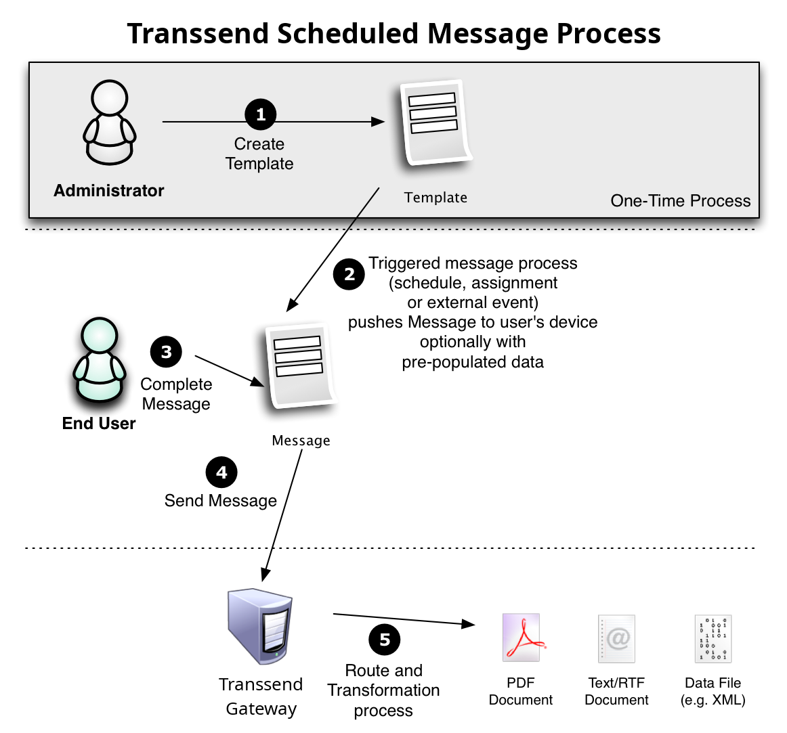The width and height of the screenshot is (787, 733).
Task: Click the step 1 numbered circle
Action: point(261,114)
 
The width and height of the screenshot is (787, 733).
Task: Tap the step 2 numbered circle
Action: point(349,274)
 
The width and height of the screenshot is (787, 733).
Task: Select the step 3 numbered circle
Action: point(166,352)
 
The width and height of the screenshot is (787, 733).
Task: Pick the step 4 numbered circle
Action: point(221,472)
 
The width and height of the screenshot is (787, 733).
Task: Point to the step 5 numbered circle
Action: point(385,640)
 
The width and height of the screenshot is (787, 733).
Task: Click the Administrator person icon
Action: point(109,123)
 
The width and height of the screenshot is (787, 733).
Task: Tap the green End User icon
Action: point(100,360)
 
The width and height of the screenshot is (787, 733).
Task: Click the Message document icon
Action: point(301,365)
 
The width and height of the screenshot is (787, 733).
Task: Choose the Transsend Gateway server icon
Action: point(260,626)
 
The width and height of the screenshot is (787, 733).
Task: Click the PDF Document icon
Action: point(522,638)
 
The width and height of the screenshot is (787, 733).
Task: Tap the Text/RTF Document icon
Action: point(616,638)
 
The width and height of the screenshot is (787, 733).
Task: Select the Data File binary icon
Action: point(713,638)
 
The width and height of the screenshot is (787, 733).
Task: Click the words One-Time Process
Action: point(680,201)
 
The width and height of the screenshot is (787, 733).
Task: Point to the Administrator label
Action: point(109,191)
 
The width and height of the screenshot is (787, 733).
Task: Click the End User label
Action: point(99,424)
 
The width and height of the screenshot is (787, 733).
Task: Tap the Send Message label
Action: point(221,501)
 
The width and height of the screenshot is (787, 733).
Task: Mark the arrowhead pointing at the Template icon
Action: point(378,122)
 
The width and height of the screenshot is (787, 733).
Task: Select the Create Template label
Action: point(259,154)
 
